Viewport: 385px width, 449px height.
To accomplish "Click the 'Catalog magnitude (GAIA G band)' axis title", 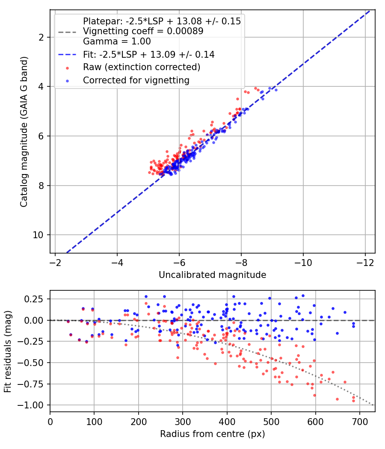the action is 24,132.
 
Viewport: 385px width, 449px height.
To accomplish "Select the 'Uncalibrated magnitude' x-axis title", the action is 212,275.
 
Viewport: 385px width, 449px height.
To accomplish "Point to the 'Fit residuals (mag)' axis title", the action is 8,352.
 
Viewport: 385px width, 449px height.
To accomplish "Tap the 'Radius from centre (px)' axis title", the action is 212,434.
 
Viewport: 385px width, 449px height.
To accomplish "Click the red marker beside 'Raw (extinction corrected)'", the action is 67,68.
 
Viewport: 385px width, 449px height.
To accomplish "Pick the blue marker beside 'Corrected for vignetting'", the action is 67,81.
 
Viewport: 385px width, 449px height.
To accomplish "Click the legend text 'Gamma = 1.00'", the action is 117,41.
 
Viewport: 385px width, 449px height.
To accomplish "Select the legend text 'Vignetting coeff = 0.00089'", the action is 143,31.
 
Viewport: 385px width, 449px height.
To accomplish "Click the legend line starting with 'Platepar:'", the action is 162,21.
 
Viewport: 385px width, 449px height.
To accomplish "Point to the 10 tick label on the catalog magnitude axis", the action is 37,235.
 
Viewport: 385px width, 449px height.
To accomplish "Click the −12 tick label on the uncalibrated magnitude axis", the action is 365,263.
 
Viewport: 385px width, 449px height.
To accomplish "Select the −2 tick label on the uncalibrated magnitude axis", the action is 55,263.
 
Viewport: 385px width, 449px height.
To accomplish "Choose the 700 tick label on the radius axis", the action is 360,422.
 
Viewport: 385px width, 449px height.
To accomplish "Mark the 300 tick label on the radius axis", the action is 183,422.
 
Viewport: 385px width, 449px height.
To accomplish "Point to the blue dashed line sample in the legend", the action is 67,55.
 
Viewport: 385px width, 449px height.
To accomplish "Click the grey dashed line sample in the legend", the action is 67,32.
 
